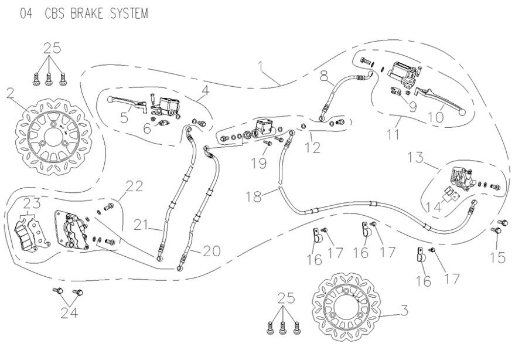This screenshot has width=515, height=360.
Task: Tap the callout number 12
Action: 315,148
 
